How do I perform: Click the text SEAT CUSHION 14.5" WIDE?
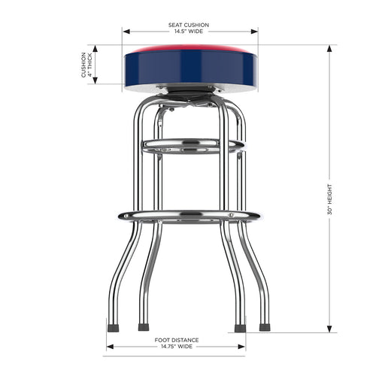point(189,29)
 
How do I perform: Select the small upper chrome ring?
point(192,144)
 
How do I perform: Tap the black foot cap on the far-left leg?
point(114,328)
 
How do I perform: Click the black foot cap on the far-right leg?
point(265,328)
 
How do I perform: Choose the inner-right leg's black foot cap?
point(240,328)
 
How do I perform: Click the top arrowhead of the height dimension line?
point(328,47)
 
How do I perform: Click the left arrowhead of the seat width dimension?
point(126,32)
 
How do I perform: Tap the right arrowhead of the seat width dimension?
point(255,32)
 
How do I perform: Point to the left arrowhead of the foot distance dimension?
point(108,347)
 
